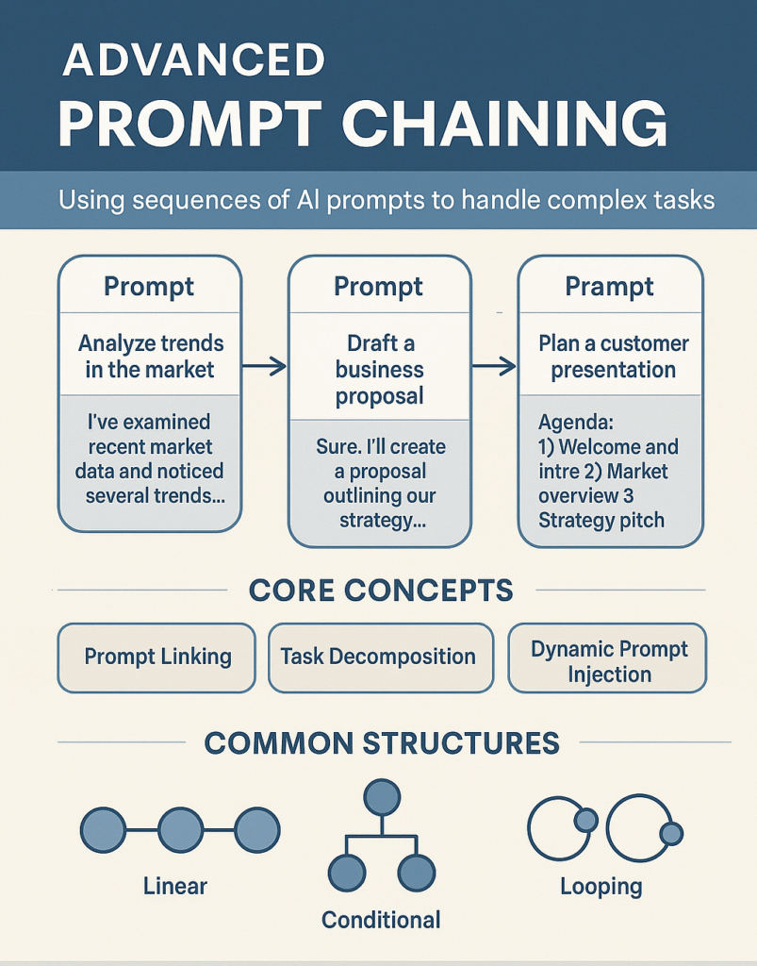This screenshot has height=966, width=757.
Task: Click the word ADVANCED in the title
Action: point(194,59)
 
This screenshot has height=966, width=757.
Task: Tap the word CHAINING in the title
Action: point(504,124)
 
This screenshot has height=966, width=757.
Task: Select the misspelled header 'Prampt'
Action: point(609,287)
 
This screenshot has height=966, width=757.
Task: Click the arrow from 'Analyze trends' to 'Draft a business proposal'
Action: point(264,366)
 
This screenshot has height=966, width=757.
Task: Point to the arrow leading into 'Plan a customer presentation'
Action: point(494,366)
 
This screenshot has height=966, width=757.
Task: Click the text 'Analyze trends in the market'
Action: point(150,356)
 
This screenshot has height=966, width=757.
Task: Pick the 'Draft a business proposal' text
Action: point(380,370)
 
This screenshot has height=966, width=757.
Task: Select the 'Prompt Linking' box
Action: point(156,658)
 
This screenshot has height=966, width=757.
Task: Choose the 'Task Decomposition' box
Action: point(381,658)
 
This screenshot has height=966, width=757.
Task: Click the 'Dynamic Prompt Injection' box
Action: point(607,658)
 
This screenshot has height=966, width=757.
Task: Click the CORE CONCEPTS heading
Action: point(381,591)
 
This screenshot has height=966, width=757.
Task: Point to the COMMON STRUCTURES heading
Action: point(382,743)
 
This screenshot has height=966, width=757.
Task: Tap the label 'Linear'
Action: point(175,886)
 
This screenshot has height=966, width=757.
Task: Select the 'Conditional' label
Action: point(381,920)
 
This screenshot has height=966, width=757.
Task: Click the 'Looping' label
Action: point(601,887)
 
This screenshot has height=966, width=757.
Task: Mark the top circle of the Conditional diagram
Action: point(382,797)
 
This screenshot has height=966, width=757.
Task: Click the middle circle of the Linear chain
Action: point(180,830)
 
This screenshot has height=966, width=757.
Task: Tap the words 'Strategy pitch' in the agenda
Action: point(601,521)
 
